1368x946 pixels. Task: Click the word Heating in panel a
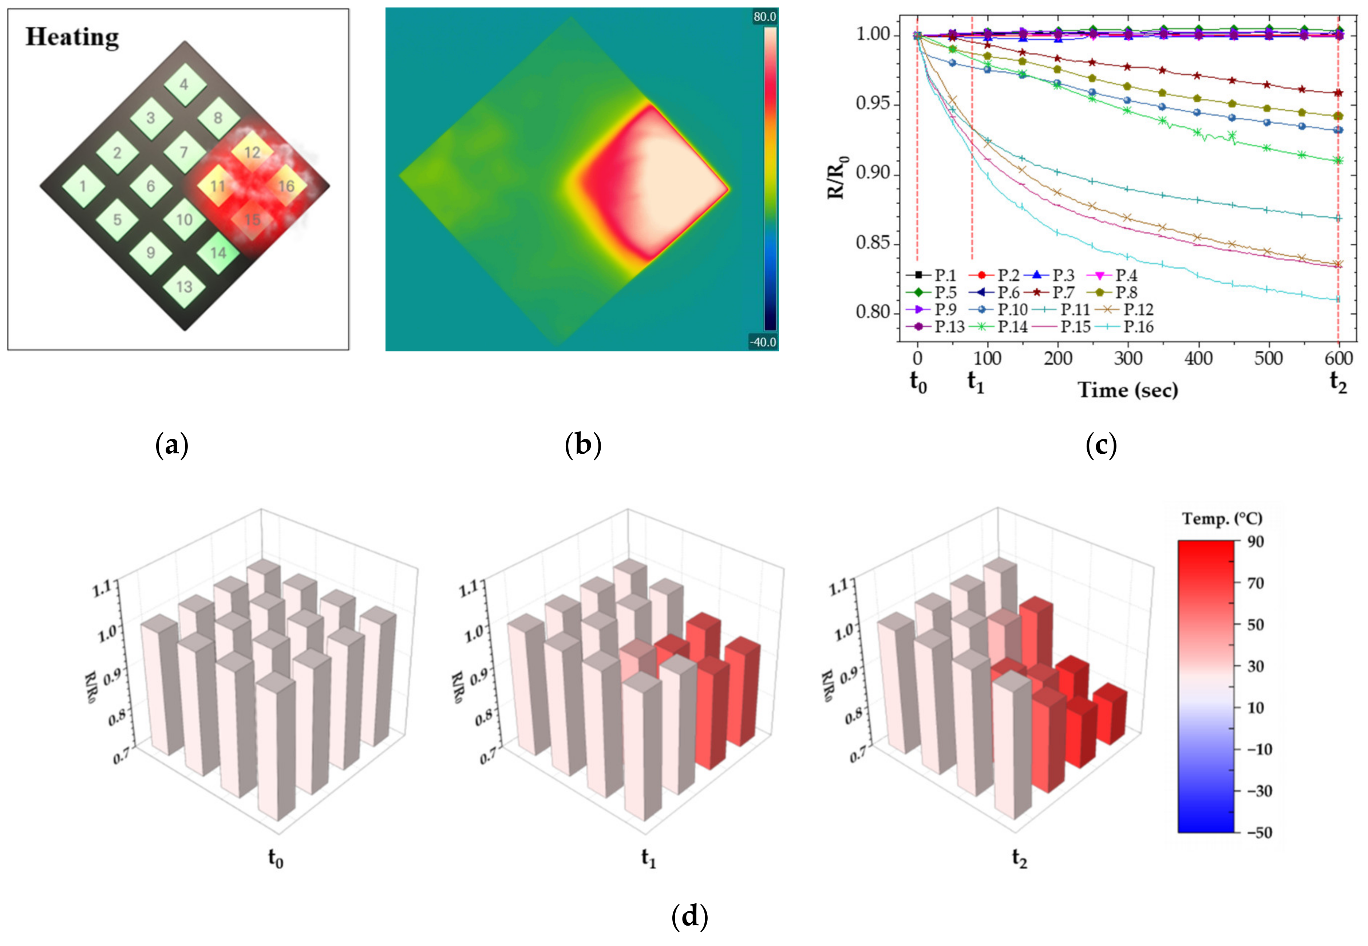point(72,38)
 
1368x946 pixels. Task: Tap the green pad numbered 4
point(184,85)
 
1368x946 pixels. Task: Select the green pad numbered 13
point(184,287)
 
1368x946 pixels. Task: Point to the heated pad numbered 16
point(286,186)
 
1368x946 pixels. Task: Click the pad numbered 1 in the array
point(83,186)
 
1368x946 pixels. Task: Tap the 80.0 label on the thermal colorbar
point(764,17)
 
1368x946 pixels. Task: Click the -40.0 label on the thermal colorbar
point(763,342)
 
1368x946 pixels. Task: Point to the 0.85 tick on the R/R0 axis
point(873,243)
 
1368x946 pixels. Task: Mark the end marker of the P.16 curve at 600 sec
point(1338,299)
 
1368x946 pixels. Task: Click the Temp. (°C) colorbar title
point(1222,519)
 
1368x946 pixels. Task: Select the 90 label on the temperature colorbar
point(1256,541)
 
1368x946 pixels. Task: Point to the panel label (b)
point(583,445)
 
